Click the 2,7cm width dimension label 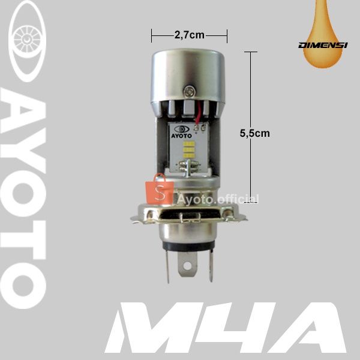coord(190,35)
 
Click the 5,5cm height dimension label coord(255,133)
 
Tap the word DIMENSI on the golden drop coord(323,45)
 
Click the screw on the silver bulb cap coord(190,91)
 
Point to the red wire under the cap coord(198,113)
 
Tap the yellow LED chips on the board coord(189,150)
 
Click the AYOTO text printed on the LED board coord(181,136)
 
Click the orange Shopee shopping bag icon coord(160,190)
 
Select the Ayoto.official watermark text coord(218,199)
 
